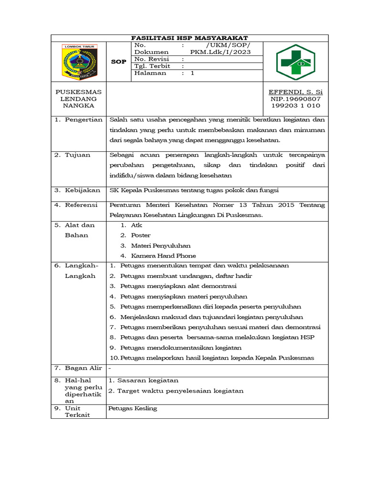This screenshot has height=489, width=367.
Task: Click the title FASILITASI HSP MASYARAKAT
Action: coord(190,38)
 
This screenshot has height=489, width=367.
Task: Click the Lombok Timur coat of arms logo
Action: coord(79,62)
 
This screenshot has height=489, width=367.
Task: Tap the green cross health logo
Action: coord(295,62)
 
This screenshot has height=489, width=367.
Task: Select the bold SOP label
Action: coord(119,62)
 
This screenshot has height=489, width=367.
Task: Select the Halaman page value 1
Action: coord(193,74)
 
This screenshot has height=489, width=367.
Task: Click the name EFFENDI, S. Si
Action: coord(295,91)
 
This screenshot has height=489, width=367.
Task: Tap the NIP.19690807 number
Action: coord(295,98)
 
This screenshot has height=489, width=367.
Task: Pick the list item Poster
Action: coord(140,235)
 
